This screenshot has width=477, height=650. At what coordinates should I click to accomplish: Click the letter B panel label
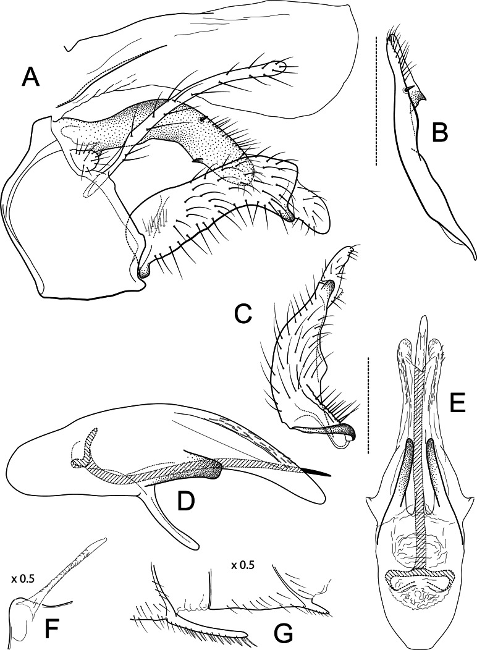[x=439, y=132]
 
